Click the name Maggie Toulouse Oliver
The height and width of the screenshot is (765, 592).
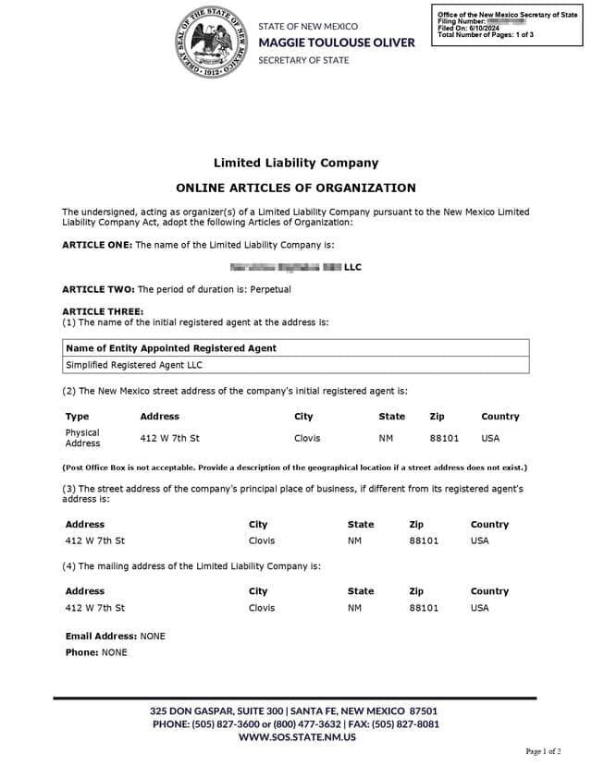point(336,42)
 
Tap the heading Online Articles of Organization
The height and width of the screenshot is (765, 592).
point(295,188)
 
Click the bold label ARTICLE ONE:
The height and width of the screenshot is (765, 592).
point(97,245)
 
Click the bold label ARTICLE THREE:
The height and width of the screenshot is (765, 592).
point(103,311)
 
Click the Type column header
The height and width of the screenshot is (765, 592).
point(77,417)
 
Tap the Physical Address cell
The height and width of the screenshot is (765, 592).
point(82,438)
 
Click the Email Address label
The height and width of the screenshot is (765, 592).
point(102,637)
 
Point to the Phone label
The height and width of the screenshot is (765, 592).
point(82,652)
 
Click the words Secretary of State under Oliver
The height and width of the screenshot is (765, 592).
point(303,60)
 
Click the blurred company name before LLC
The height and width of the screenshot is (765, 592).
point(285,267)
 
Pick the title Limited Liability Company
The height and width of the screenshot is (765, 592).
point(295,163)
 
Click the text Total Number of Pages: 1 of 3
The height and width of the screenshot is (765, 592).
point(485,35)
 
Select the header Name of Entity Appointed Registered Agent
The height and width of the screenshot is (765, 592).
point(171,348)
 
